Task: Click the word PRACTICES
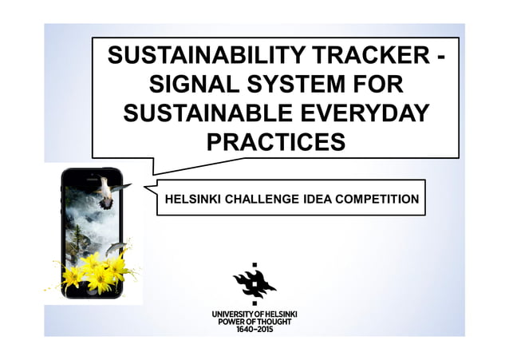[x=275, y=141]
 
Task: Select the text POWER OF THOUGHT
[x=254, y=322]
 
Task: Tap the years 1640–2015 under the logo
[x=254, y=330]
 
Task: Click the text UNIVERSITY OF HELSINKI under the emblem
[x=254, y=314]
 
